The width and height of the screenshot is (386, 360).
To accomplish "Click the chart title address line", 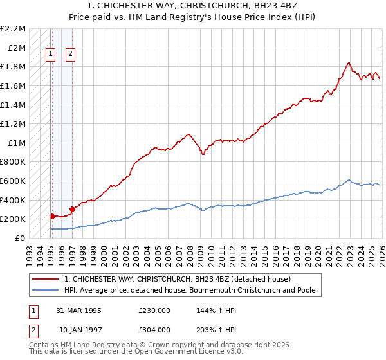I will pos(193,6).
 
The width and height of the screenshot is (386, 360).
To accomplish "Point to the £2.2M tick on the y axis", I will pos(13,29).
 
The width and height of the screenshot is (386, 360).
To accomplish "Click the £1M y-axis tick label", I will pos(17,143).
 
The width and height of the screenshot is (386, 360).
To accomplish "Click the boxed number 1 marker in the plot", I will pos(51,55).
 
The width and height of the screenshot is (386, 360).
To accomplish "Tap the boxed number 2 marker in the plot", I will pos(70,55).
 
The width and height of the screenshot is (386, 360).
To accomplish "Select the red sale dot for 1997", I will pos(72,209).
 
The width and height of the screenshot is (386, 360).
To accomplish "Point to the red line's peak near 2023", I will pos(348,63).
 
